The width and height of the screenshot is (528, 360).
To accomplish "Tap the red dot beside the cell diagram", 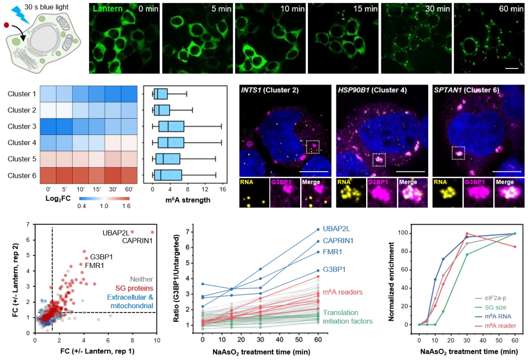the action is coord(6,25).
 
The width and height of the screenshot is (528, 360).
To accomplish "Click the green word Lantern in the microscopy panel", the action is coord(108,9).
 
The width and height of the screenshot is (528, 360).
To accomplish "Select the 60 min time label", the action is coord(511,9).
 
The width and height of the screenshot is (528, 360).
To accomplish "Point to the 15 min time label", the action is coord(365,9).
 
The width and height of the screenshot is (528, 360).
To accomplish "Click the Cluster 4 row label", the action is coord(22,143).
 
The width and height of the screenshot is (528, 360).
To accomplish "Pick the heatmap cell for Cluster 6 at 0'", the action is coord(48,176).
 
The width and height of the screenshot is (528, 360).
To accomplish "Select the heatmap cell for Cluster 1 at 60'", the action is coord(129,94).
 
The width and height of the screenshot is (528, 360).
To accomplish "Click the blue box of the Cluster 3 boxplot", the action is coord(172,127).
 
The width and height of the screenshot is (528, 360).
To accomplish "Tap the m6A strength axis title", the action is coord(188,200).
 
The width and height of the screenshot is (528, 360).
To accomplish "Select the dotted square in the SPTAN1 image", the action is coord(458,153).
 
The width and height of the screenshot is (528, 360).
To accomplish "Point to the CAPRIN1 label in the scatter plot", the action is coord(137,240).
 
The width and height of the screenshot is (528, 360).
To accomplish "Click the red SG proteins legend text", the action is coord(134,288).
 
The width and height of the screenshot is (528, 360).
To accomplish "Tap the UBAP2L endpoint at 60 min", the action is coord(318,230).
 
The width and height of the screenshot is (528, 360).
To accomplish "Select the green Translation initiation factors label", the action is coord(348,317).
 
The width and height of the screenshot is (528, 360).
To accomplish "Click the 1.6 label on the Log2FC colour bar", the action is coord(126,206).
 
